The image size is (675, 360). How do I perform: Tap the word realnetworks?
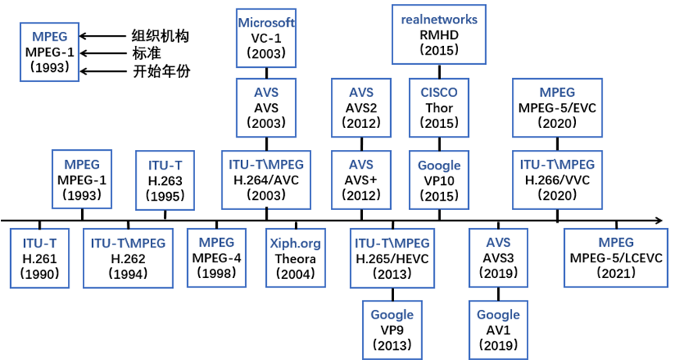(439, 18)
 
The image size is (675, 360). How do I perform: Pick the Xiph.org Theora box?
(295, 258)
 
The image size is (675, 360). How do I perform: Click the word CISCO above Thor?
(439, 93)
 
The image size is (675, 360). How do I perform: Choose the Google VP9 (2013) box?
(392, 330)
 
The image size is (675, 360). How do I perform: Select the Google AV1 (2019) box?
(499, 330)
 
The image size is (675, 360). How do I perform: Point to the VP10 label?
(439, 180)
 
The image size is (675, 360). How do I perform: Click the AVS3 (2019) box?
(498, 258)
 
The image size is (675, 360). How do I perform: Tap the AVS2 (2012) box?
(361, 108)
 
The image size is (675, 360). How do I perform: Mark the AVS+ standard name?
(361, 180)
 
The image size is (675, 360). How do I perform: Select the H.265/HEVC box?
(392, 258)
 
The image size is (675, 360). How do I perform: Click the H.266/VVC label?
(557, 180)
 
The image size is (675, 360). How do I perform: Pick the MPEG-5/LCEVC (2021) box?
(616, 258)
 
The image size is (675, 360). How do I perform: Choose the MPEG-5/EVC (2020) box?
(557, 108)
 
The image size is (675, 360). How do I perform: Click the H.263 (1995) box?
(165, 180)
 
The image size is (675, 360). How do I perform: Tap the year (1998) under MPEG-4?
(218, 274)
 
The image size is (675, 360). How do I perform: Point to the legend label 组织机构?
(159, 37)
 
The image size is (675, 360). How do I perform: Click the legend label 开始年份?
(159, 71)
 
